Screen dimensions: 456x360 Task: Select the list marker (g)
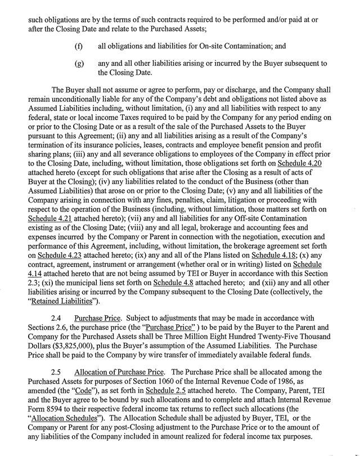[x=79, y=64]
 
